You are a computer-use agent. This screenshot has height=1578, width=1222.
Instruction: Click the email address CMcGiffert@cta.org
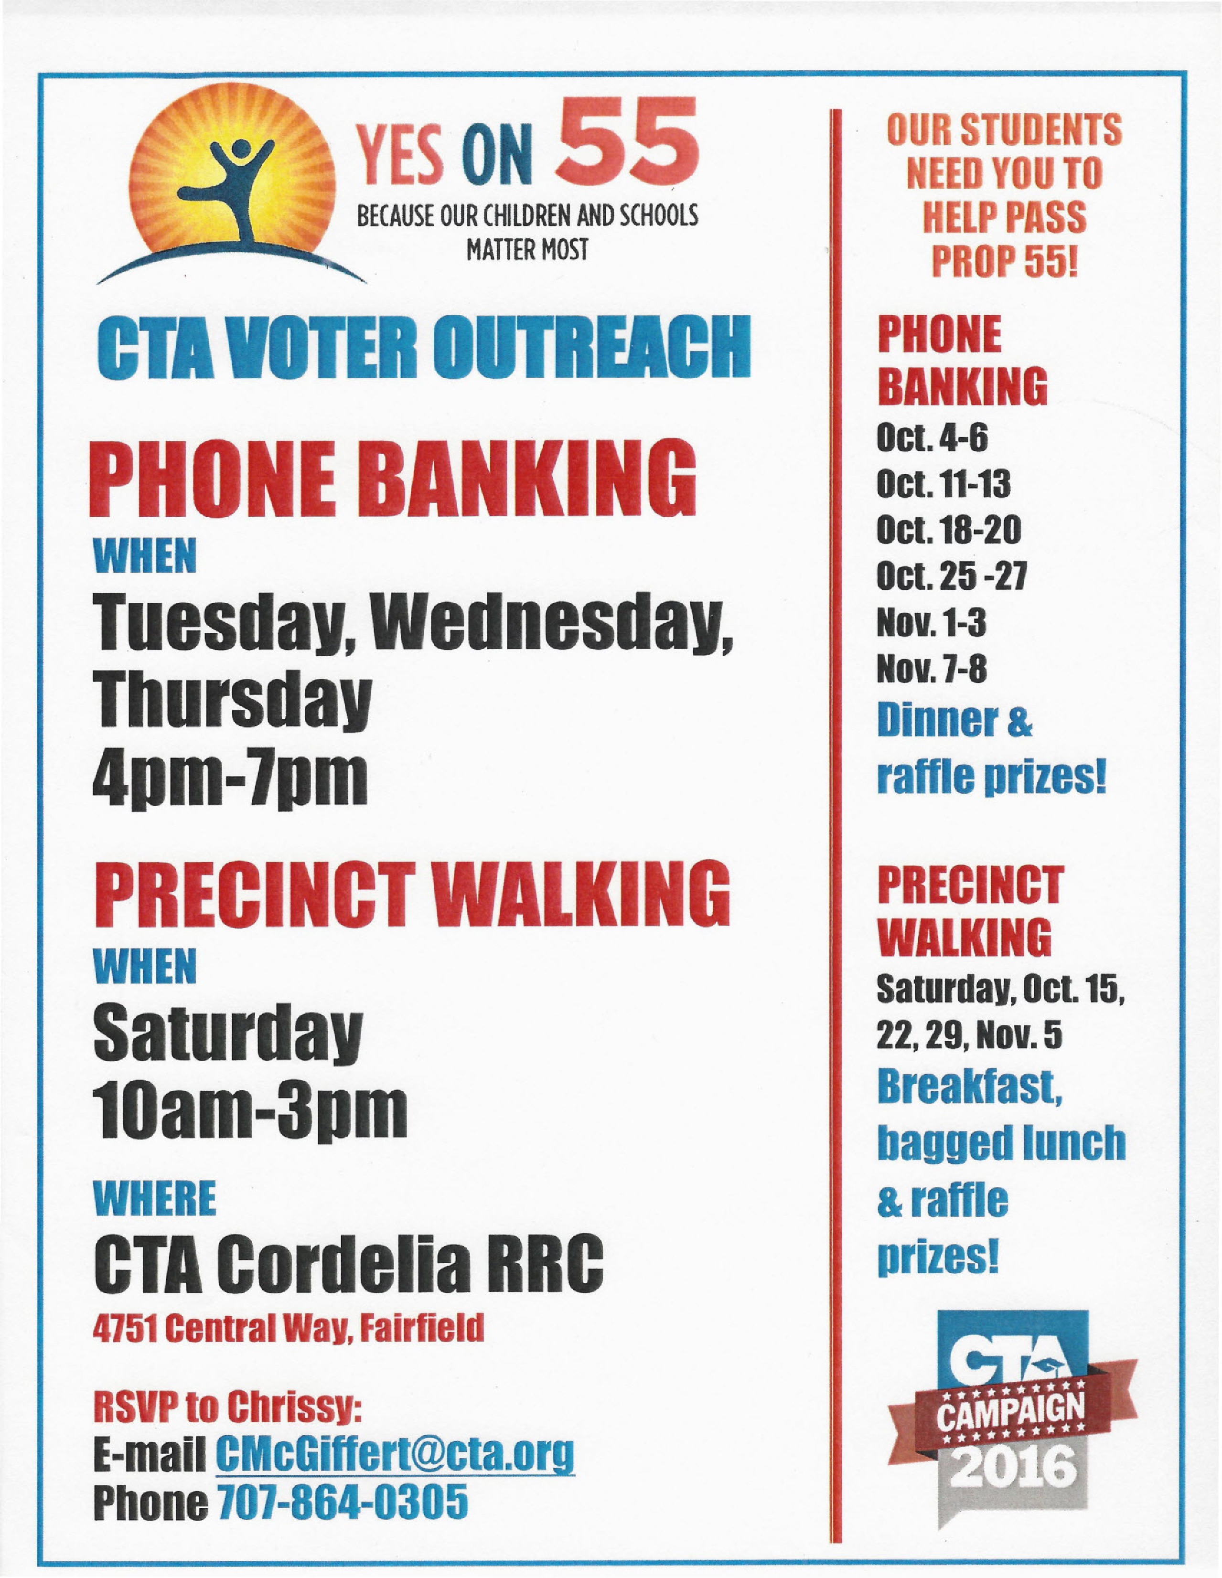point(395,1456)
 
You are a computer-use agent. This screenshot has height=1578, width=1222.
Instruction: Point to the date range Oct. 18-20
point(948,530)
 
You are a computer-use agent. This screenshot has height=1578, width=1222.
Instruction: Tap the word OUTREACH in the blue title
point(595,348)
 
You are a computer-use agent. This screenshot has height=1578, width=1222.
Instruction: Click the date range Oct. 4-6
point(932,437)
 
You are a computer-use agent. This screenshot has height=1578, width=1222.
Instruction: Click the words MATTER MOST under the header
point(527,249)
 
